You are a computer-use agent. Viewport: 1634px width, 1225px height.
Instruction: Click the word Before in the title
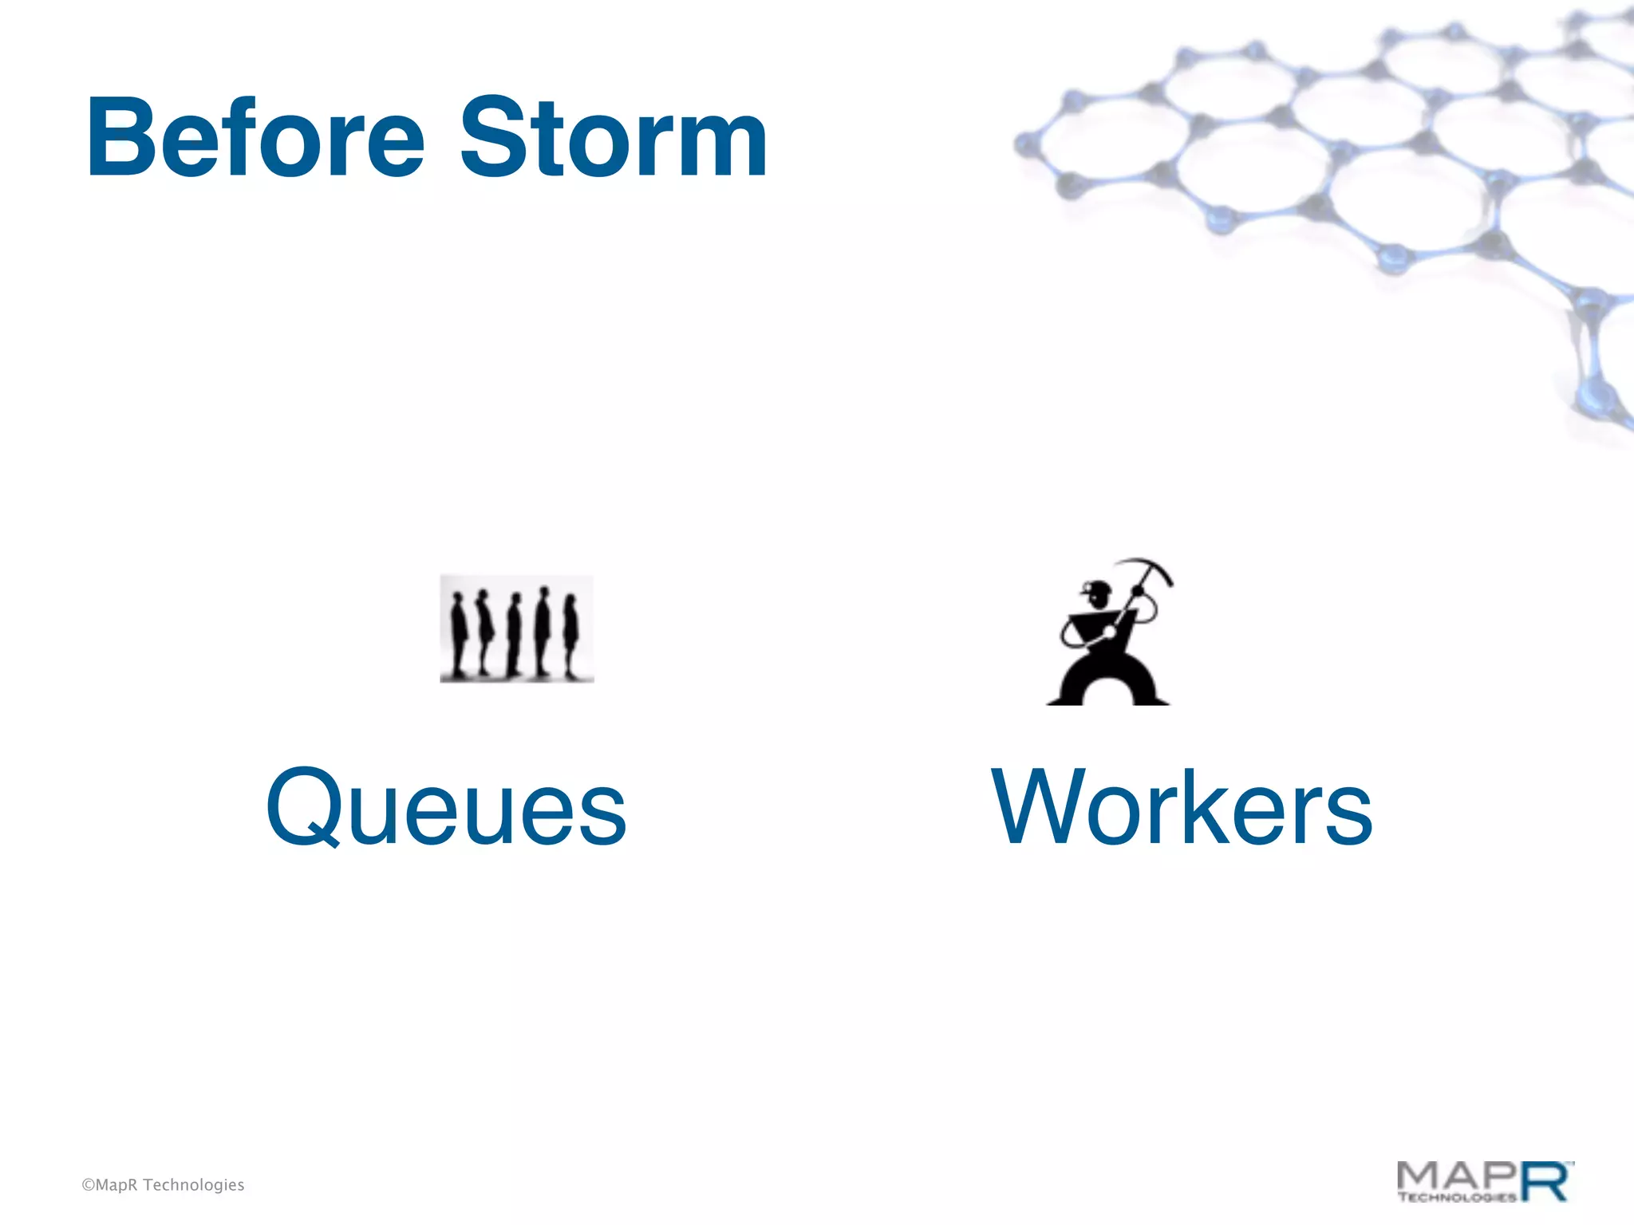tap(255, 137)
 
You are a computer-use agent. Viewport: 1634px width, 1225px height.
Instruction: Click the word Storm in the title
tap(613, 137)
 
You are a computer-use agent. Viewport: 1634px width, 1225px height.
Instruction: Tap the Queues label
tap(446, 807)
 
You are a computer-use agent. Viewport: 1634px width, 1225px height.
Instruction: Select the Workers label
tap(1182, 807)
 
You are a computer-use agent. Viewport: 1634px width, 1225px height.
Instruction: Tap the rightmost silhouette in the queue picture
tap(570, 636)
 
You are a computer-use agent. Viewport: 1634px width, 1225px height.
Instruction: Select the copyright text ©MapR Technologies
tap(163, 1185)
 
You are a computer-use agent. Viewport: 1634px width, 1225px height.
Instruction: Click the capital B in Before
tap(120, 137)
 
